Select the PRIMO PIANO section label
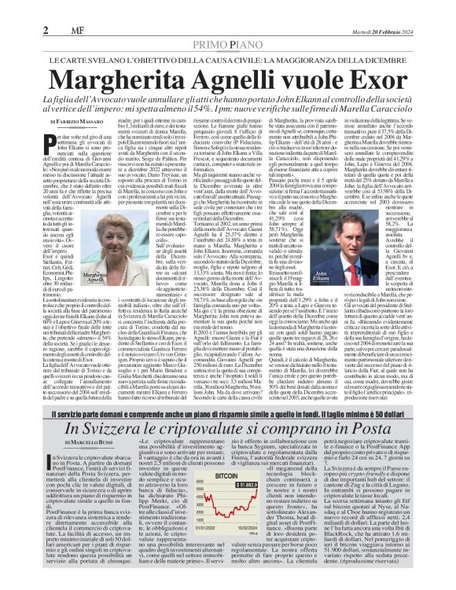(x=228, y=25)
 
